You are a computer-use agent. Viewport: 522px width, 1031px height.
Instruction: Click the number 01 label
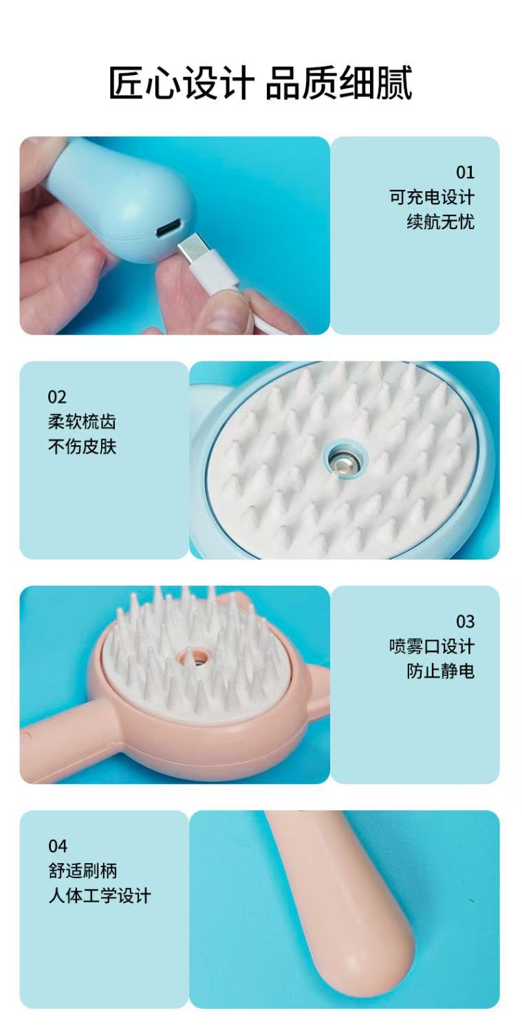[464, 172]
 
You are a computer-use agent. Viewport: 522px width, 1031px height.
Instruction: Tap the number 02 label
[57, 396]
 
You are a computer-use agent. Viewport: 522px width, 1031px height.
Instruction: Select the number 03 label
[464, 621]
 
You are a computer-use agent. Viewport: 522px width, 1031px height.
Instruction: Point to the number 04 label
[58, 846]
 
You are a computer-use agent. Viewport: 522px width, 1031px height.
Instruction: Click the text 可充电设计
[431, 197]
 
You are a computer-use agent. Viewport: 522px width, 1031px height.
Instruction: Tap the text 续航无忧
[440, 222]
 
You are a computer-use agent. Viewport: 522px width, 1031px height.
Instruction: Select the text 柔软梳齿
[82, 422]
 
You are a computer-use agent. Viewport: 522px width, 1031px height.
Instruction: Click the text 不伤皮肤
[82, 447]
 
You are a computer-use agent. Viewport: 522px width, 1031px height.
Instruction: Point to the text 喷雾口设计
[431, 646]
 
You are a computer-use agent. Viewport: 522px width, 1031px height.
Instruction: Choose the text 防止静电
[440, 671]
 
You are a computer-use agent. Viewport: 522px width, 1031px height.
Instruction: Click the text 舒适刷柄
[83, 871]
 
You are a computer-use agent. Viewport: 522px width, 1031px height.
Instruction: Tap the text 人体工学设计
[99, 895]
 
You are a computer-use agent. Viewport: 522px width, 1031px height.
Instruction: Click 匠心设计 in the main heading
[181, 83]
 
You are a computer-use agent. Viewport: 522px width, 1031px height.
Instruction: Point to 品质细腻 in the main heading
[339, 83]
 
